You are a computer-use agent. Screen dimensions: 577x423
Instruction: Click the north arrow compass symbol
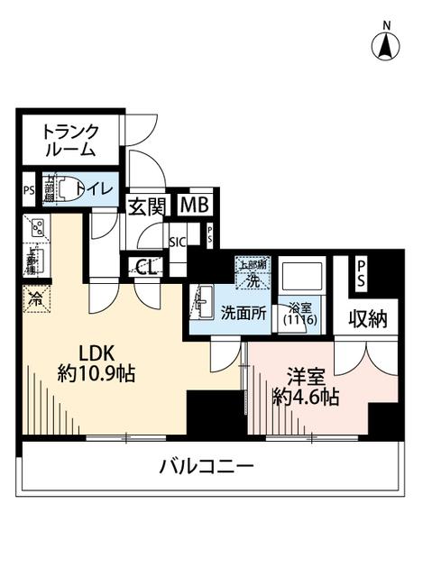point(385,45)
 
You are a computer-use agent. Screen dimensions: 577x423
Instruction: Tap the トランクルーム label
point(69,140)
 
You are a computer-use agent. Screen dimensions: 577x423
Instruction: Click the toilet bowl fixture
point(60,189)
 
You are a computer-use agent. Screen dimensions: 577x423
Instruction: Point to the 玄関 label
point(145,206)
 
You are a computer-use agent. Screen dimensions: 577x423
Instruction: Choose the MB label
point(193,205)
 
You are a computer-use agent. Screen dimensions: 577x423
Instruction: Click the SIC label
point(177,243)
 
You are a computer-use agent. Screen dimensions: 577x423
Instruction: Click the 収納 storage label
point(365,316)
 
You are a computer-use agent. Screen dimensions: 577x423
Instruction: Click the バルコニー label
point(207,467)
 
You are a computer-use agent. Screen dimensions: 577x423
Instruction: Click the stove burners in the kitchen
point(38,229)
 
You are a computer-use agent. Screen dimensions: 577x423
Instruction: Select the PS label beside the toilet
point(28,189)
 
